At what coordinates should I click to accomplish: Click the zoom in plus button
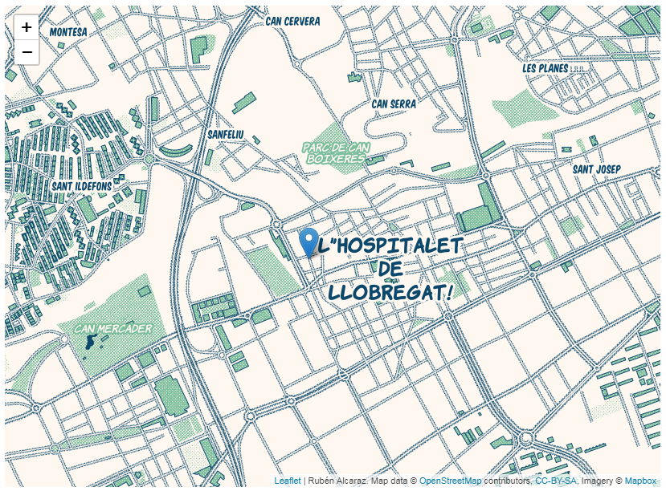pos(27,27)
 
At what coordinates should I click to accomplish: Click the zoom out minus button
pos(27,52)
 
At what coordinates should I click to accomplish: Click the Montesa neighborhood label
pos(68,31)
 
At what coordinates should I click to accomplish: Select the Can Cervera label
pos(292,21)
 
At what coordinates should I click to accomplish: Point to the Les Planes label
pos(545,68)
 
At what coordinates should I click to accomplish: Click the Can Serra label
pos(394,103)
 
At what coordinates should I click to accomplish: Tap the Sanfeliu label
pos(225,134)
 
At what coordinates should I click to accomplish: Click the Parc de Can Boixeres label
pos(336,152)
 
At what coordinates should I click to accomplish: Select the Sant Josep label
pos(596,169)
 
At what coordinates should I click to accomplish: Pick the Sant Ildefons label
pos(82,186)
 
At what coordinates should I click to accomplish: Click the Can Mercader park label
pos(113,329)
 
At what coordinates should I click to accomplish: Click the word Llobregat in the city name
pos(391,292)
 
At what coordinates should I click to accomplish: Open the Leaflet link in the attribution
pos(287,481)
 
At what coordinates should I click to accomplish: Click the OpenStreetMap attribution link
pos(450,481)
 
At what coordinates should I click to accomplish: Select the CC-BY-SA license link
pos(555,481)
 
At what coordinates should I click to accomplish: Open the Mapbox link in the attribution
pos(640,481)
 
